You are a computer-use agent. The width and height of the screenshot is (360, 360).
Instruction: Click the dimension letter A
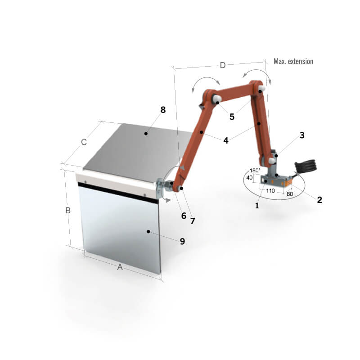(x=120, y=267)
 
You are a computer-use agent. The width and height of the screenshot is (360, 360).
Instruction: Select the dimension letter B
(x=68, y=211)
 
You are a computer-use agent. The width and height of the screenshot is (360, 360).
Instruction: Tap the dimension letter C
(x=84, y=142)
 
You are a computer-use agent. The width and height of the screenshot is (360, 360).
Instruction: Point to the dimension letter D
(x=223, y=65)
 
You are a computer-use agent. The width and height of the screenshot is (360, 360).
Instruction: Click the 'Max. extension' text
(x=293, y=61)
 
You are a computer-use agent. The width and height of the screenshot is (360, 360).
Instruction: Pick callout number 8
(x=163, y=110)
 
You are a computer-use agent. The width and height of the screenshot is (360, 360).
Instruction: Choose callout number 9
(x=182, y=241)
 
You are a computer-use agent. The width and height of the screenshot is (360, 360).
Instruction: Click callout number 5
(x=232, y=117)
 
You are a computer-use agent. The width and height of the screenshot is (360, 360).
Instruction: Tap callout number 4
(x=226, y=140)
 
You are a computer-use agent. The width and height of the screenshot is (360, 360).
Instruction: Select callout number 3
(x=302, y=135)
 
